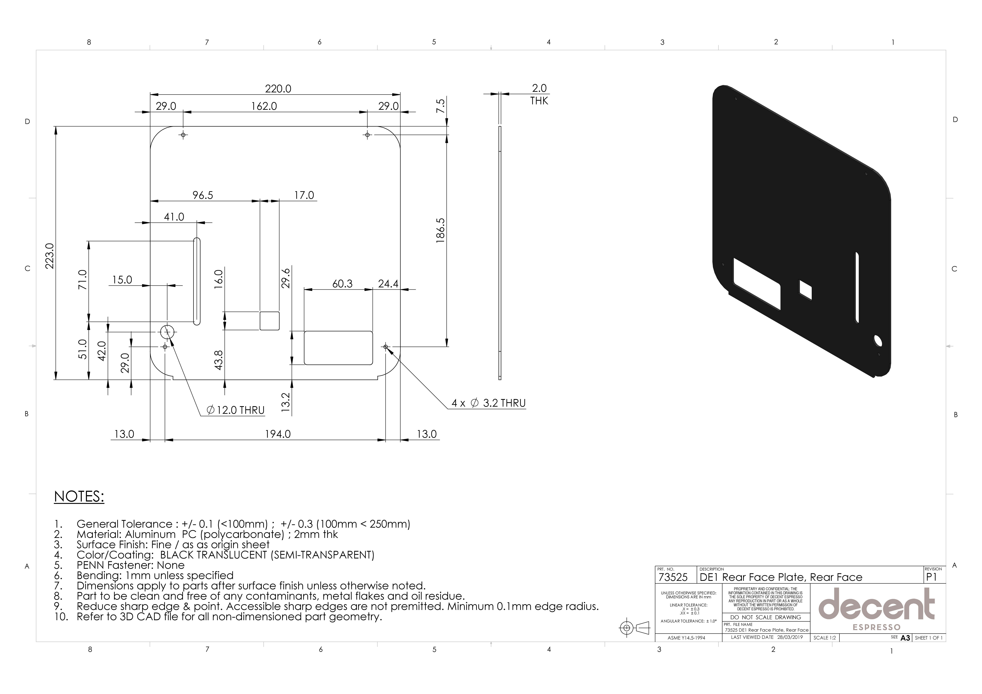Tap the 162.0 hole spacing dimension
tap(264, 106)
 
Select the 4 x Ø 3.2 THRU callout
tap(488, 403)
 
